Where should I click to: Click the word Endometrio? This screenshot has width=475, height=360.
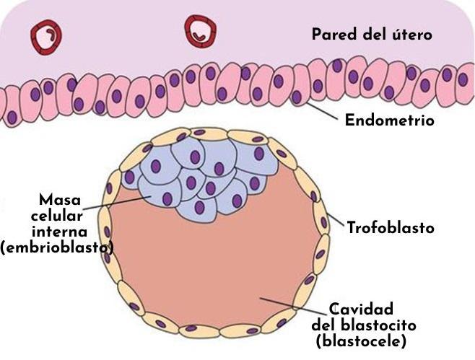(389, 120)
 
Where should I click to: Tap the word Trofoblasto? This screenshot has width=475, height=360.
(391, 229)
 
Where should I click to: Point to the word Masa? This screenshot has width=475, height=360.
(61, 199)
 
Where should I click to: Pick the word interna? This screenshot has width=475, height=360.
(60, 232)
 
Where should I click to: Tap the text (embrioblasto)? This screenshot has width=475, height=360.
(57, 248)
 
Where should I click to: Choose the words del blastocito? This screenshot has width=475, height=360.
(364, 326)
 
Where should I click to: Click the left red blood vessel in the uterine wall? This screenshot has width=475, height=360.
(45, 34)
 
